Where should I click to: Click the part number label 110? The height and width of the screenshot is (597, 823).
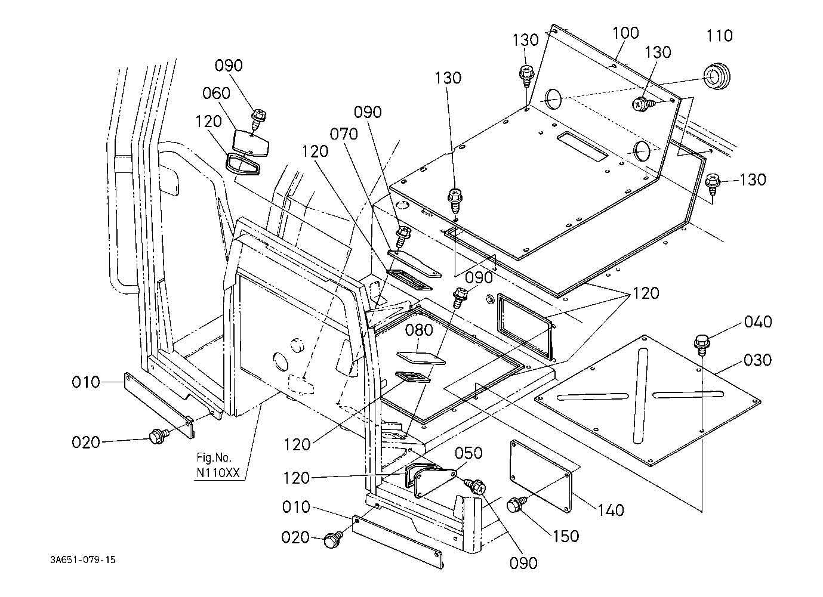719,36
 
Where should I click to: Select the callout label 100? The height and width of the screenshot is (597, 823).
625,33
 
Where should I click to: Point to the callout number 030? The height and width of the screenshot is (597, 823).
757,360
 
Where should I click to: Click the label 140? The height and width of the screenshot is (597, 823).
611,510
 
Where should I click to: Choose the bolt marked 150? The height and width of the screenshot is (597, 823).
515,506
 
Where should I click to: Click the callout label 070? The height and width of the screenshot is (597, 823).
344,134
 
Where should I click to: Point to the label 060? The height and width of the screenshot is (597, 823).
216,94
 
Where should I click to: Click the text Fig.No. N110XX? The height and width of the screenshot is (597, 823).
218,465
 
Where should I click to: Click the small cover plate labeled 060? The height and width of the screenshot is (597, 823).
251,141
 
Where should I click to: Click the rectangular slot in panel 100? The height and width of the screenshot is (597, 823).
582,147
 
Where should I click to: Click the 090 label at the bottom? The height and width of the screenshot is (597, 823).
524,562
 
